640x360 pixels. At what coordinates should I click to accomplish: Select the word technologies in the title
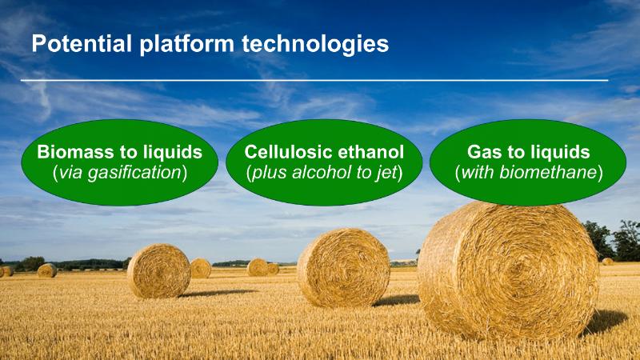pyautogui.click(x=315, y=45)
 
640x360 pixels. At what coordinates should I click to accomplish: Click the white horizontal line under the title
pyautogui.click(x=314, y=81)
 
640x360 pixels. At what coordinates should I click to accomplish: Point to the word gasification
pyautogui.click(x=134, y=173)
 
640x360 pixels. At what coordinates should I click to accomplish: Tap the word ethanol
pyautogui.click(x=371, y=152)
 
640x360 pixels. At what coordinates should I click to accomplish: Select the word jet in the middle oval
pyautogui.click(x=387, y=173)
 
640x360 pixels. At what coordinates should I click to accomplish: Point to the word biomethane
pyautogui.click(x=548, y=172)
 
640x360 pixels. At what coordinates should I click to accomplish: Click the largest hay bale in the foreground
pyautogui.click(x=508, y=270)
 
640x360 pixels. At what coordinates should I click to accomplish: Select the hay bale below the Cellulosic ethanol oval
pyautogui.click(x=343, y=268)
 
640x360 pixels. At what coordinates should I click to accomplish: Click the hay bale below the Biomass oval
pyautogui.click(x=158, y=270)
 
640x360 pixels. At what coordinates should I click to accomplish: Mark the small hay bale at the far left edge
pyautogui.click(x=7, y=271)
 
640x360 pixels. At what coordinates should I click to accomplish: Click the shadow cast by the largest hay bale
pyautogui.click(x=605, y=322)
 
